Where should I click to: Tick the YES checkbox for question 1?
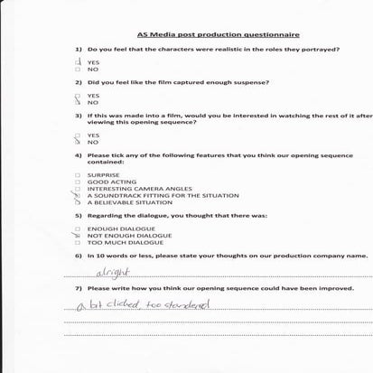pyautogui.click(x=79, y=61)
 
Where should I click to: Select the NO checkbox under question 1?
pyautogui.click(x=79, y=70)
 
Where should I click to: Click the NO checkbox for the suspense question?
pyautogui.click(x=79, y=103)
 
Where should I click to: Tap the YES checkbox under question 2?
pyautogui.click(x=79, y=95)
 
